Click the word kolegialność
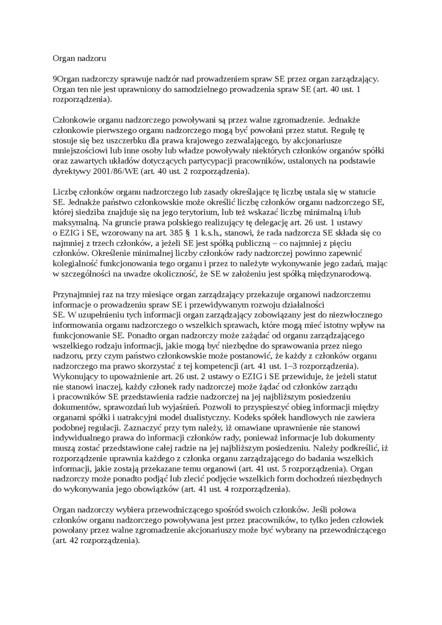pos(76,263)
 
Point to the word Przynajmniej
pos(77,294)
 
